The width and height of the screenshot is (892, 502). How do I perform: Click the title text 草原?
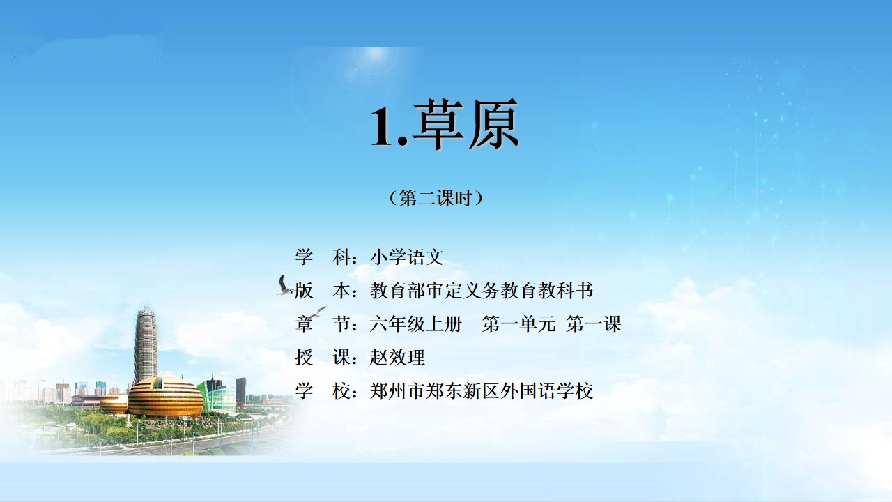(x=466, y=124)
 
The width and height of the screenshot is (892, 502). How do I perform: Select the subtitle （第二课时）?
(x=436, y=198)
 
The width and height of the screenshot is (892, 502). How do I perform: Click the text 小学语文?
(x=407, y=257)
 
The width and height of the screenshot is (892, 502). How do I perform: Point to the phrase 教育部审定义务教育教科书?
(x=482, y=291)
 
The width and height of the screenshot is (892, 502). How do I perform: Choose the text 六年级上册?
(x=416, y=324)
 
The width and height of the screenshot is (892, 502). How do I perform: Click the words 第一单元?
(x=519, y=324)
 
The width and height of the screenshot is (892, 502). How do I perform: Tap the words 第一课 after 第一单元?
(x=594, y=324)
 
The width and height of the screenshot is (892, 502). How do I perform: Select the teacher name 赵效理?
(x=397, y=358)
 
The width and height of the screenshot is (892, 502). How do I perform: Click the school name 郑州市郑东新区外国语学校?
(x=482, y=391)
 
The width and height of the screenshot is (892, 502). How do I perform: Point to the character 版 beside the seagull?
(x=304, y=291)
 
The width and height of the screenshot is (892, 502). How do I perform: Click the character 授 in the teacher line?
(x=304, y=358)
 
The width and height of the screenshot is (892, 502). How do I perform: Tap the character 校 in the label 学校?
(x=341, y=391)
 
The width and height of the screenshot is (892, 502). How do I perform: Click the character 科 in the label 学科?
(x=341, y=257)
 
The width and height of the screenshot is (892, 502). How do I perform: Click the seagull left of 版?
(x=284, y=286)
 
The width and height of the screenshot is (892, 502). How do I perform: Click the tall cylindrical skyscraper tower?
(x=146, y=344)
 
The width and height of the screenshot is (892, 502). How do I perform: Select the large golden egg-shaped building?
(x=165, y=397)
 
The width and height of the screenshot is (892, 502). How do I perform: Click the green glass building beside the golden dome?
(x=217, y=395)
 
